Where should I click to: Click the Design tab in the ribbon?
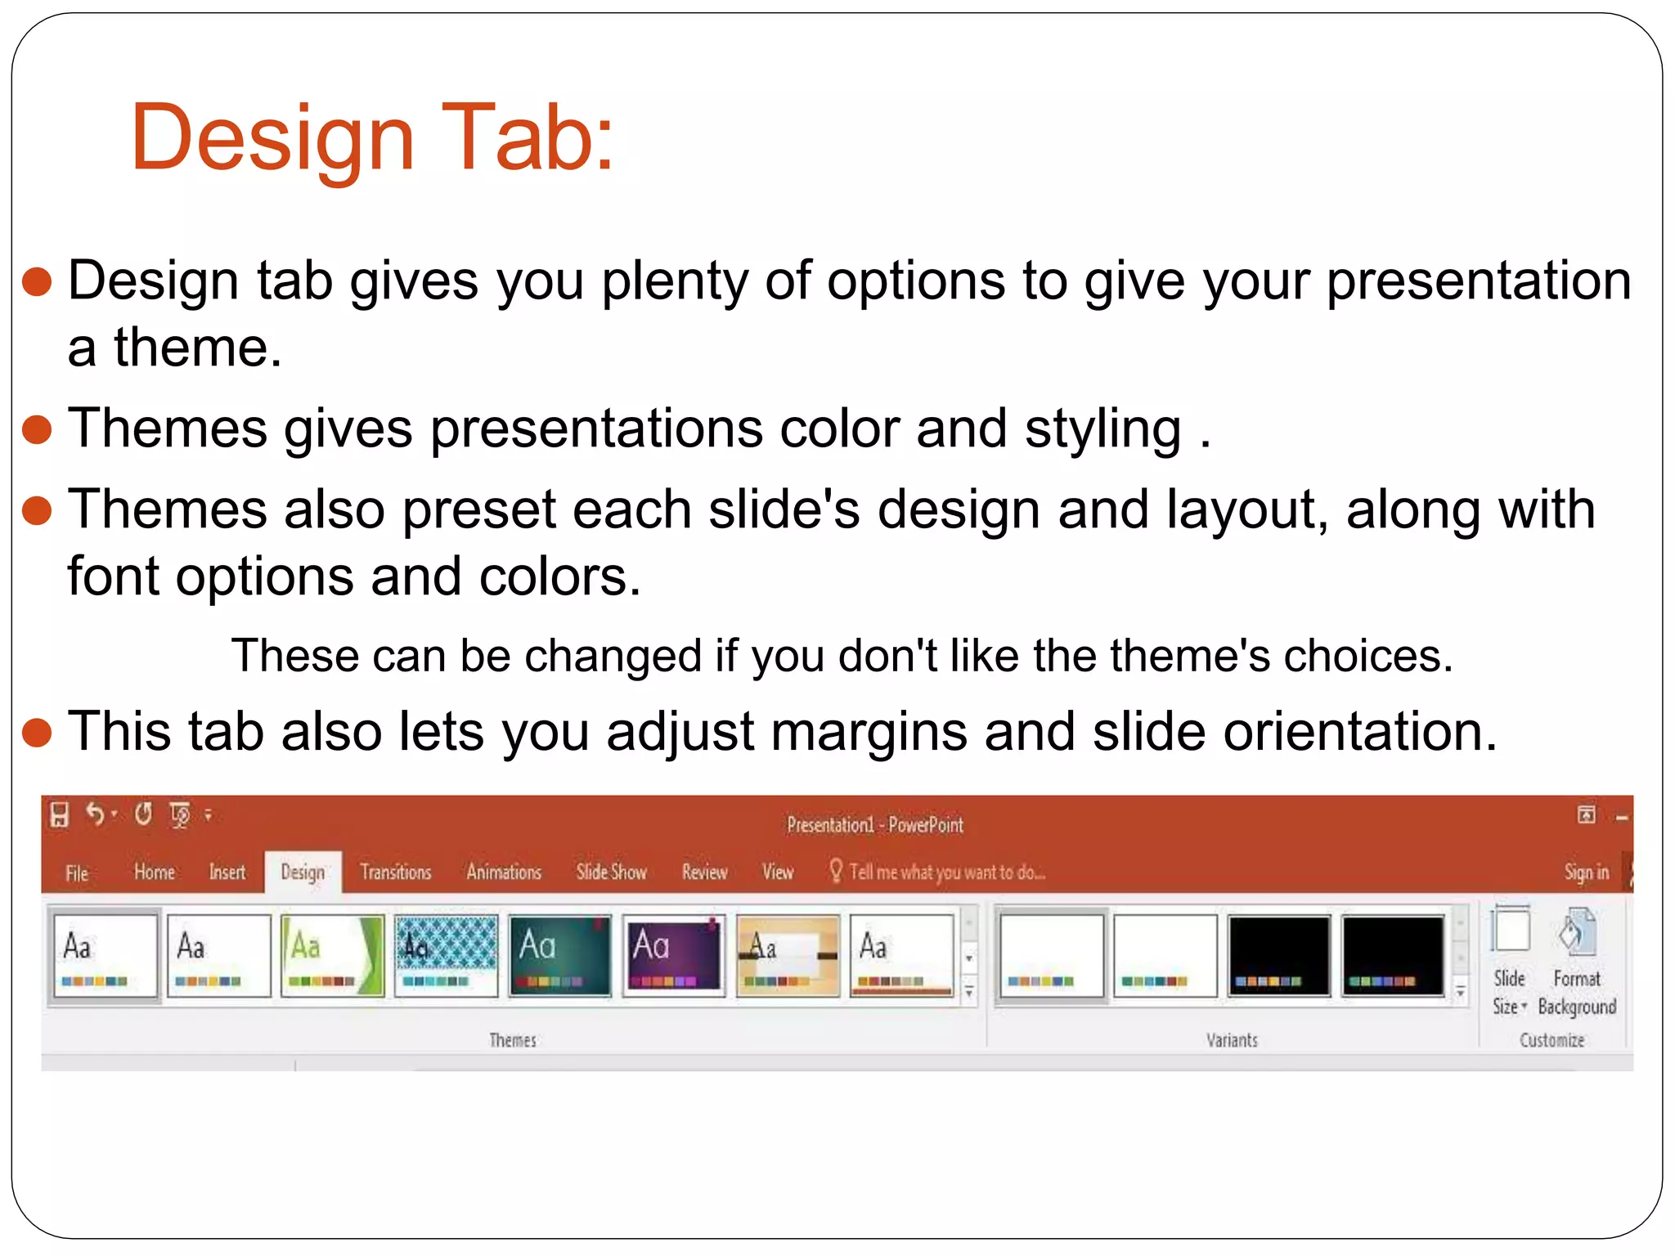pos(303,872)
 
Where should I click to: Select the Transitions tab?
pos(395,872)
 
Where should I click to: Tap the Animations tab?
pos(504,872)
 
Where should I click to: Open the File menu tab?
pos(77,873)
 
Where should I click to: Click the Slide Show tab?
pos(611,872)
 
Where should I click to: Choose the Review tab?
pos(704,872)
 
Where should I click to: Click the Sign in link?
pos(1586,872)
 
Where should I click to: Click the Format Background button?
pos(1577,961)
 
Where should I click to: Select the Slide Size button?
pos(1510,961)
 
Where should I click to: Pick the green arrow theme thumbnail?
pos(332,955)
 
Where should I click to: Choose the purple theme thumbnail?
pos(673,955)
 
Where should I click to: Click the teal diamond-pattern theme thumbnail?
pos(446,955)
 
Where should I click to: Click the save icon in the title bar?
pos(60,814)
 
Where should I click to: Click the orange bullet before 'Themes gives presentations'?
pos(38,429)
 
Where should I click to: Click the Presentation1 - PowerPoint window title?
pos(874,825)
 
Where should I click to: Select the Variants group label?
pos(1232,1040)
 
